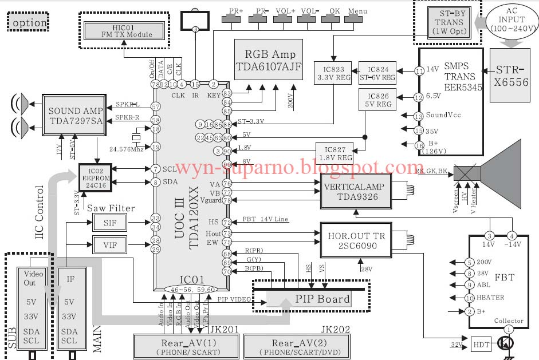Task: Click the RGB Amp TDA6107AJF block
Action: pos(270,60)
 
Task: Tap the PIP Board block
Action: pos(322,299)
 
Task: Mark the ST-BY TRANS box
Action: pos(447,22)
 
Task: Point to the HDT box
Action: pos(480,345)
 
